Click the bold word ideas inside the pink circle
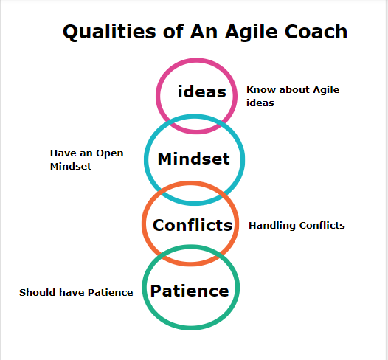coord(202,92)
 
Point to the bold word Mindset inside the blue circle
coord(194,159)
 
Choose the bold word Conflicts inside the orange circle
coord(193,225)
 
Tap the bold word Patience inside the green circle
coord(190,291)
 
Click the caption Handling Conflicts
coord(297,225)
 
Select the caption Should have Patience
coord(76,293)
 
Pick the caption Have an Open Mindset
coord(86,159)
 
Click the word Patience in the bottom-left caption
coord(110,293)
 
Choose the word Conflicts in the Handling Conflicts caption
coord(322,225)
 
